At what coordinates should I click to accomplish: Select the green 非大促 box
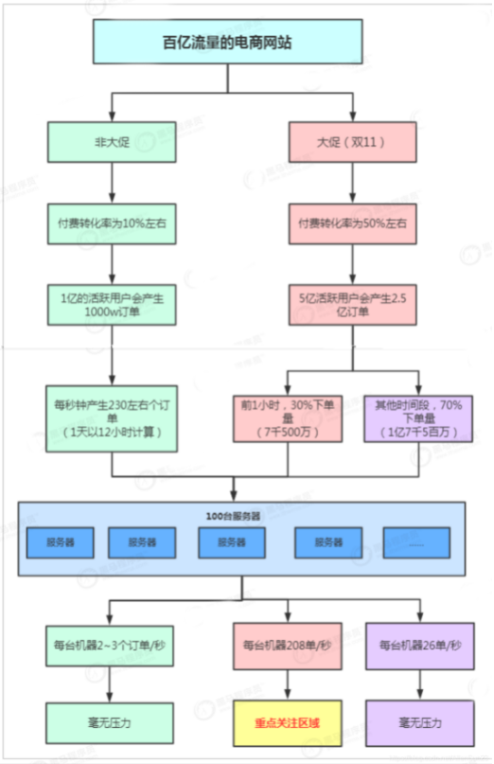coord(112,142)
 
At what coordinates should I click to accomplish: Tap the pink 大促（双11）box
coord(353,142)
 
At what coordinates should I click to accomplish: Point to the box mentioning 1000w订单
coord(112,303)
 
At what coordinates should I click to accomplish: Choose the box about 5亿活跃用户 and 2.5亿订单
coord(353,303)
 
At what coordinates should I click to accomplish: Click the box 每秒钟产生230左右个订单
coord(112,417)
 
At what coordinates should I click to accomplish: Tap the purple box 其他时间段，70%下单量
coord(417,418)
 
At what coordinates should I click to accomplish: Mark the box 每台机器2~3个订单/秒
coord(112,646)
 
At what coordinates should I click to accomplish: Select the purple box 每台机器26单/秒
coord(417,646)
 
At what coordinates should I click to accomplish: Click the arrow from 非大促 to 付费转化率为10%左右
coord(112,182)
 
